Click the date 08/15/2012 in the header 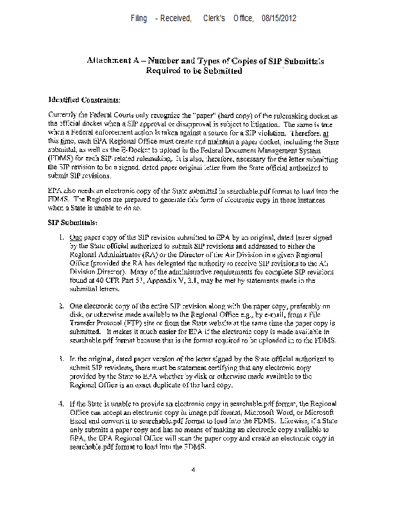pyautogui.click(x=279, y=19)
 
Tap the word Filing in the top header pyautogui.click(x=139, y=19)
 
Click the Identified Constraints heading pyautogui.click(x=84, y=100)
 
